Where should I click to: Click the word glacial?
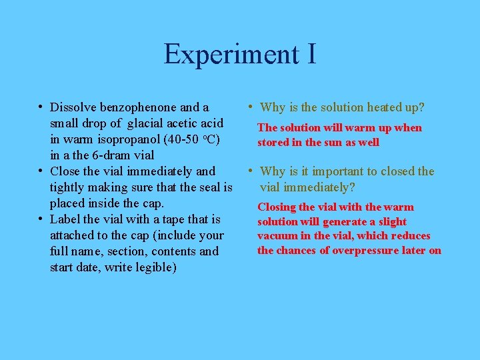pos(149,123)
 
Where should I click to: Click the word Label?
pos(66,219)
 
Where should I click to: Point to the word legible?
pos(154,267)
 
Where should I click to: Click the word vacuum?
pos(277,236)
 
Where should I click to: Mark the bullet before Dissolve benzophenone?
pos(41,107)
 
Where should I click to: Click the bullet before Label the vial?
pos(41,219)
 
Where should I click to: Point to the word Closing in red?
pos(277,207)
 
